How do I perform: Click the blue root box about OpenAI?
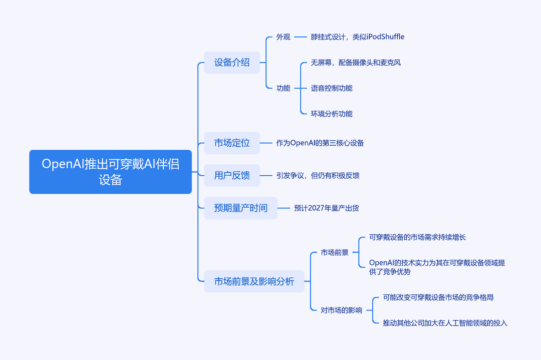pos(110,172)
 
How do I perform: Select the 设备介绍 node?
pos(232,63)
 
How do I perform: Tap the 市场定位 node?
pos(232,143)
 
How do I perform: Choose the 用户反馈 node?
pos(232,176)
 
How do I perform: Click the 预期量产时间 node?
pos(241,208)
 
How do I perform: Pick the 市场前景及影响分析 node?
pos(254,281)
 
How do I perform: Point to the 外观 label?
pos(283,37)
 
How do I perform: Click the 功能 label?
pos(283,88)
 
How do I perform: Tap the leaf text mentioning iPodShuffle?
pos(358,37)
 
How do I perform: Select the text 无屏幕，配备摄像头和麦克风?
pos(356,63)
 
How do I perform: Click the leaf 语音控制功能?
pos(332,88)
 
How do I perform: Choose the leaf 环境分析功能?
pos(332,114)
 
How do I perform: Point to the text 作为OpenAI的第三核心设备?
pos(320,143)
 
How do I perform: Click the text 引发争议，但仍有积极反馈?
pos(318,176)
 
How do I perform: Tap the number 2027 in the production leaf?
pos(316,208)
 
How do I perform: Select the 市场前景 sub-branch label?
pos(335,252)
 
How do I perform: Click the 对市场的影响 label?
pos(342,310)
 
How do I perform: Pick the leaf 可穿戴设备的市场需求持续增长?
pos(417,237)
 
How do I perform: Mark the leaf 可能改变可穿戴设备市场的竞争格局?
pos(438,297)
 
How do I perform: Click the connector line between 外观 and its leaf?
pos(301,37)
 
